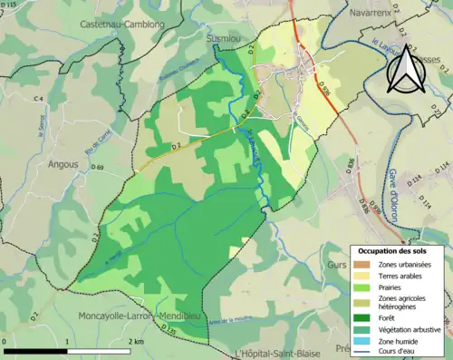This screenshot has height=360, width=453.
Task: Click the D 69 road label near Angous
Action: tap(98, 168)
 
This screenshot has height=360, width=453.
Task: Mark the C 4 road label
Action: tap(39, 97)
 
